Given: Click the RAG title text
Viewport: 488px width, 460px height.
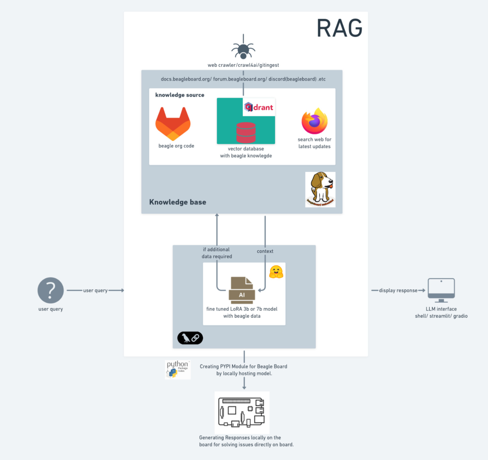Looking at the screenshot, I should [339, 28].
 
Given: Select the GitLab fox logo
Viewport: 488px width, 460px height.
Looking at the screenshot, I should [173, 123].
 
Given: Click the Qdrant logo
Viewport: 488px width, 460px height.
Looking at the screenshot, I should [259, 107].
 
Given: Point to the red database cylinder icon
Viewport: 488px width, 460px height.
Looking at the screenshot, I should [246, 132].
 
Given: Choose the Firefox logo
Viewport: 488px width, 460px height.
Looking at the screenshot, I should [314, 121].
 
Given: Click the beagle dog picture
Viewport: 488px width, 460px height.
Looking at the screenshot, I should [320, 189].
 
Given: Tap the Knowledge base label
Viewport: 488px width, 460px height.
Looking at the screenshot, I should [178, 202].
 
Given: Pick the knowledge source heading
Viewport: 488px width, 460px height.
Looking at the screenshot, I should [180, 95].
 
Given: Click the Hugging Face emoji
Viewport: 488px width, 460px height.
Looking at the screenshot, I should [276, 272].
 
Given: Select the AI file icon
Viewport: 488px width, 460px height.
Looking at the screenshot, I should [242, 290].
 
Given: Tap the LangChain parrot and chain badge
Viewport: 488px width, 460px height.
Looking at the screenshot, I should [190, 338].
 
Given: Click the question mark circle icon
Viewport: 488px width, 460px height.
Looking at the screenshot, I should [51, 290].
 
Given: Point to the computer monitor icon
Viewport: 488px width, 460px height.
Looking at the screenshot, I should [441, 290].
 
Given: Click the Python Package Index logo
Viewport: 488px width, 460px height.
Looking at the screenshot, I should [178, 369].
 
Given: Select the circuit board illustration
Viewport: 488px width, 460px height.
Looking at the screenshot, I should [242, 412].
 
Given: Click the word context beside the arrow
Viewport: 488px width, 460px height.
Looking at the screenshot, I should [265, 251].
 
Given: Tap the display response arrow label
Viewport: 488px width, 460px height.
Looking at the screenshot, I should [398, 291].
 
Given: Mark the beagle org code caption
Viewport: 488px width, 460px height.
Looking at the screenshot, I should [176, 146].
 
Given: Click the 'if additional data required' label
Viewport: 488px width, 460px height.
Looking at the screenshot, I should [217, 253].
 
